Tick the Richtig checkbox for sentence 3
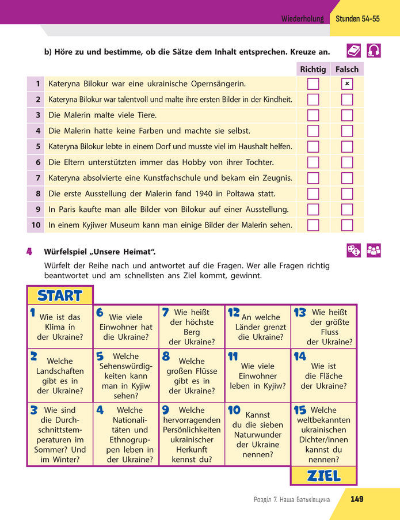click(313, 115)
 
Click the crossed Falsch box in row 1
click(346, 84)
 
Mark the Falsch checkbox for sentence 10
click(346, 225)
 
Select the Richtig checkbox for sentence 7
click(313, 178)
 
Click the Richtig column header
click(313, 69)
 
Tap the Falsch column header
click(346, 69)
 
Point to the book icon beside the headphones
click(354, 51)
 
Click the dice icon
click(353, 250)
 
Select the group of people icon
click(374, 250)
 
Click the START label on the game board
click(60, 296)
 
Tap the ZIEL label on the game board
click(324, 476)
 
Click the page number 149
click(357, 499)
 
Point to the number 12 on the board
click(233, 313)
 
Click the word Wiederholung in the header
click(303, 18)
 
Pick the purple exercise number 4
click(29, 252)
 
